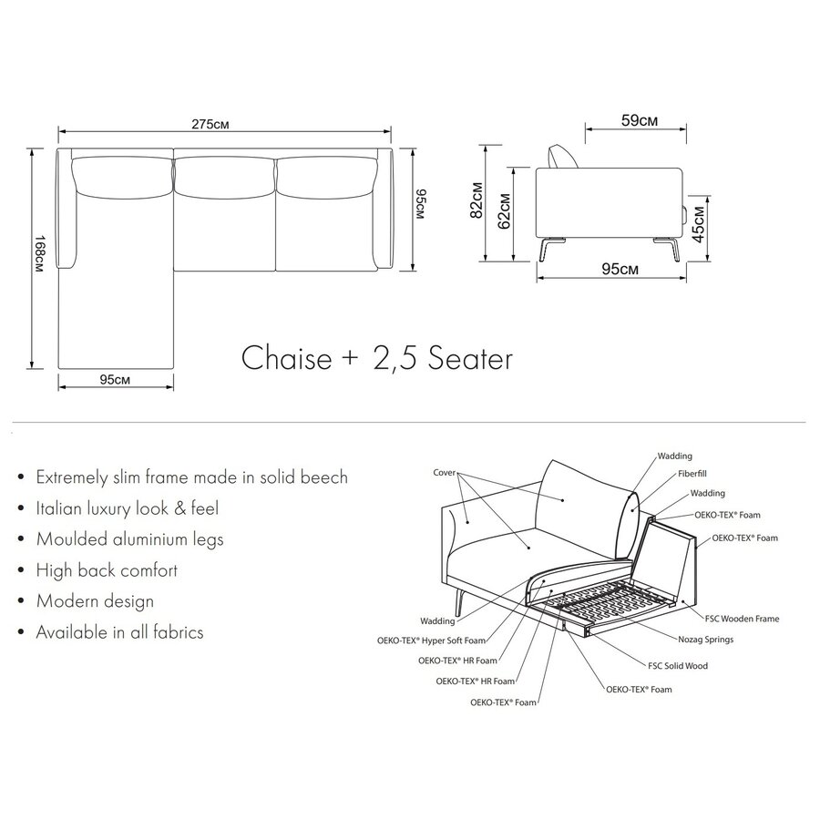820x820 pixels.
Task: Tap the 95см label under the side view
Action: coord(608,269)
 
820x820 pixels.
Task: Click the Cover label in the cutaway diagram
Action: coord(444,474)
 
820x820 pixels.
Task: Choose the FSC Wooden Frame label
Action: coord(740,619)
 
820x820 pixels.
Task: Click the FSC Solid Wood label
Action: coord(677,666)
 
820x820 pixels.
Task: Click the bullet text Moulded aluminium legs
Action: coord(129,538)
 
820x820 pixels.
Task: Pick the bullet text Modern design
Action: coord(95,600)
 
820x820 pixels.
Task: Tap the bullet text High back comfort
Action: coord(107,570)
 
